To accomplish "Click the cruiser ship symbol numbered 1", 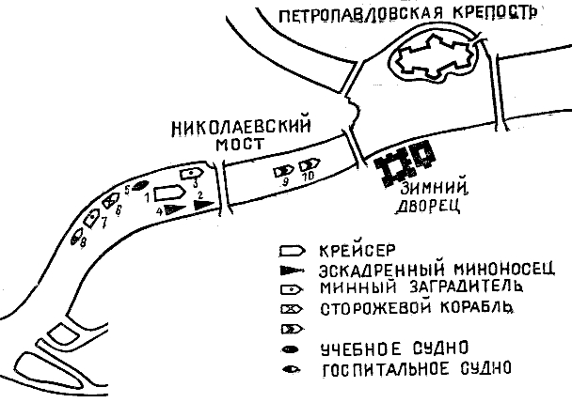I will (168, 192).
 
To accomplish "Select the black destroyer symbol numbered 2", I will (201, 201).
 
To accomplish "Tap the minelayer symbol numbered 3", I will (192, 173).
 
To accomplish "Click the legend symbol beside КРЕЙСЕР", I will (293, 251).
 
